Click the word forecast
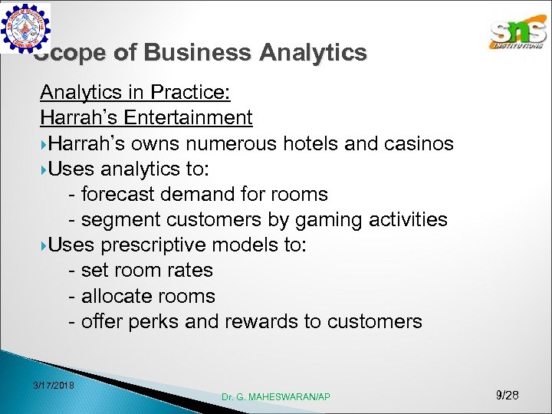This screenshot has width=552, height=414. point(117,195)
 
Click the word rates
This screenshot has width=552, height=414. point(191,271)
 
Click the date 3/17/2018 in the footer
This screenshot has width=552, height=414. point(54,384)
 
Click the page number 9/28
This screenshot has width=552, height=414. point(508,395)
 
